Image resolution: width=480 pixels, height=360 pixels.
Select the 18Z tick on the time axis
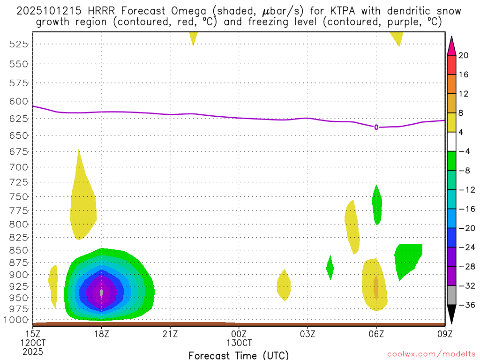click(x=101, y=334)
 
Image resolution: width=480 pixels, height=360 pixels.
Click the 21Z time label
click(x=170, y=334)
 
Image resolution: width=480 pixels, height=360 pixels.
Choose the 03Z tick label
click(x=307, y=334)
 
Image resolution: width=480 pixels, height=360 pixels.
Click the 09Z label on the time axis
click(x=444, y=334)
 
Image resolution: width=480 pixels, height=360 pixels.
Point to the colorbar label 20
click(x=464, y=55)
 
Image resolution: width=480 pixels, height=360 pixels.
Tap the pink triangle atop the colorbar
click(x=452, y=45)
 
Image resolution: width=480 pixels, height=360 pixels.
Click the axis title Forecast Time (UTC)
click(x=239, y=355)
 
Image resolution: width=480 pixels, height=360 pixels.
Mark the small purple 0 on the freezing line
click(x=376, y=127)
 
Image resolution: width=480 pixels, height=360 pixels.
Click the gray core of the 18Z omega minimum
click(x=101, y=293)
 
